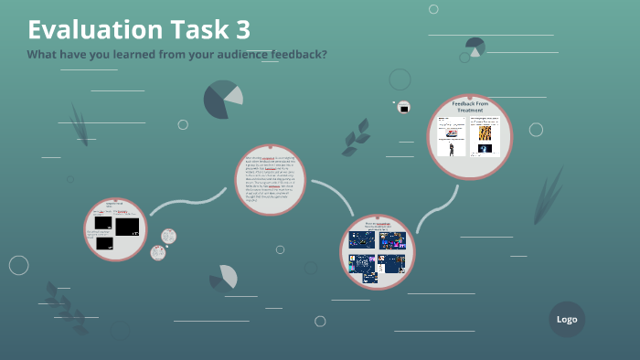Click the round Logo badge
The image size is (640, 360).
pos(567,319)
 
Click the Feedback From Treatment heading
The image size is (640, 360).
pos(470,107)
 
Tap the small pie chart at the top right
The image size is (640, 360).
pos(475,47)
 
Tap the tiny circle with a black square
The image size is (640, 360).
pos(403,108)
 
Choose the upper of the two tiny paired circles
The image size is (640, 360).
pos(168,236)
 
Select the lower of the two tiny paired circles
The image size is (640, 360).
pos(159,251)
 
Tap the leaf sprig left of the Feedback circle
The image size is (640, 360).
pos(356,138)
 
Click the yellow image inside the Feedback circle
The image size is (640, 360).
pos(485,132)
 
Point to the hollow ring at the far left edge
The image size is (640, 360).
pos(18,265)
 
